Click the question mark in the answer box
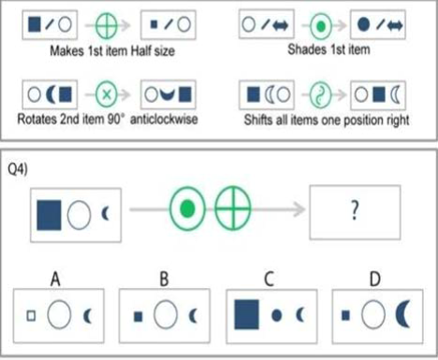[x=355, y=211]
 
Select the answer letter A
[x=55, y=279]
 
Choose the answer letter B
[x=164, y=279]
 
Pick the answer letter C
[x=269, y=279]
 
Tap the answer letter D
[x=375, y=279]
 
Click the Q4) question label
[x=18, y=169]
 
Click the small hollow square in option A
[x=31, y=316]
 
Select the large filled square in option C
[x=246, y=314]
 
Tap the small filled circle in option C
[x=276, y=315]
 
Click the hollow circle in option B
[x=166, y=315]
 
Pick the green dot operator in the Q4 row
[x=187, y=209]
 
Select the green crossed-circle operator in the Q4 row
[x=233, y=209]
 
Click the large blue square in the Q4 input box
[x=49, y=215]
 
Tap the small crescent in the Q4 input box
[x=105, y=214]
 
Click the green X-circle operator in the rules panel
[x=107, y=94]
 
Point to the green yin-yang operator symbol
[x=320, y=94]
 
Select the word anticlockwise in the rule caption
[x=164, y=120]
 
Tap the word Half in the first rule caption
[x=141, y=50]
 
